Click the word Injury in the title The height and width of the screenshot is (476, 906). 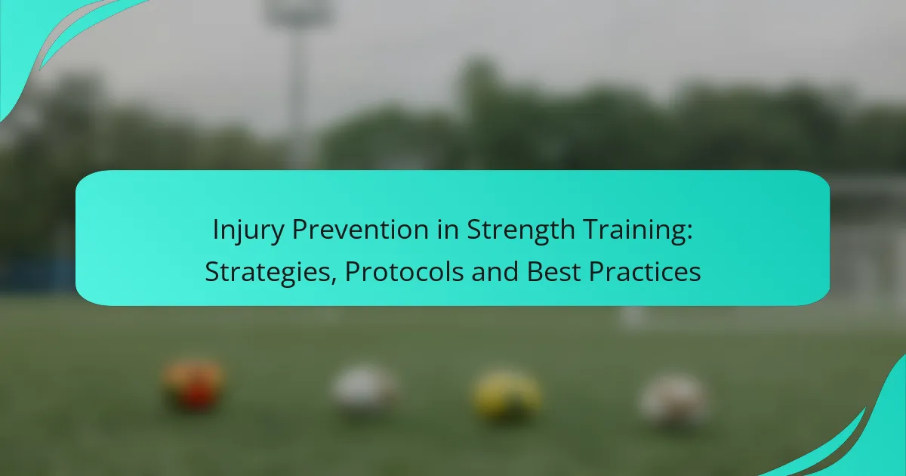pyautogui.click(x=248, y=230)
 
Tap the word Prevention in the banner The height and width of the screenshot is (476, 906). pyautogui.click(x=359, y=229)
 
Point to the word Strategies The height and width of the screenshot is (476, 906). pyautogui.click(x=268, y=272)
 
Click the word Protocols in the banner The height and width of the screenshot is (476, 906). pyautogui.click(x=404, y=271)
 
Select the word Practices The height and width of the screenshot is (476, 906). pyautogui.click(x=645, y=271)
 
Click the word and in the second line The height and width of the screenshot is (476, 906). pyautogui.click(x=495, y=271)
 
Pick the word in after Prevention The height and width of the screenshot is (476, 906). pyautogui.click(x=448, y=229)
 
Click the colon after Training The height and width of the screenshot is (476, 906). pyautogui.click(x=689, y=233)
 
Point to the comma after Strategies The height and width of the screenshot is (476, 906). pyautogui.click(x=333, y=280)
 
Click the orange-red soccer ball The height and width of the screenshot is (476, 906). pyautogui.click(x=194, y=385)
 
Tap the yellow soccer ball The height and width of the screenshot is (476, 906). pyautogui.click(x=507, y=394)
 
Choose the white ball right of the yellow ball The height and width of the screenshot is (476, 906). pyautogui.click(x=675, y=400)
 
